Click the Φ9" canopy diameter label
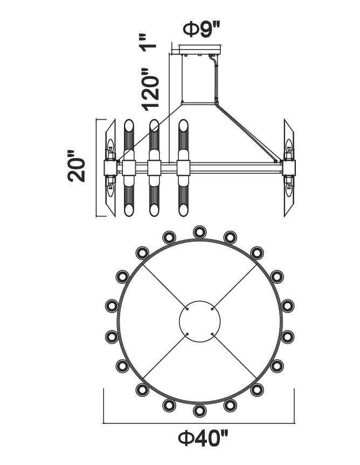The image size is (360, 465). tap(202, 29)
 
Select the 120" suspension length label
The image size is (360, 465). tap(150, 89)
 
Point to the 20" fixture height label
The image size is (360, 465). tap(76, 166)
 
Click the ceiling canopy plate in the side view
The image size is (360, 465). tap(200, 49)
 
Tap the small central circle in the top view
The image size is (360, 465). tap(200, 321)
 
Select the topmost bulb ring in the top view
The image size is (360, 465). tap(200, 232)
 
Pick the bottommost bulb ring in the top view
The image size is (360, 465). tap(200, 411)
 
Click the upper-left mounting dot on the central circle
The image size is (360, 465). tap(187, 309)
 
